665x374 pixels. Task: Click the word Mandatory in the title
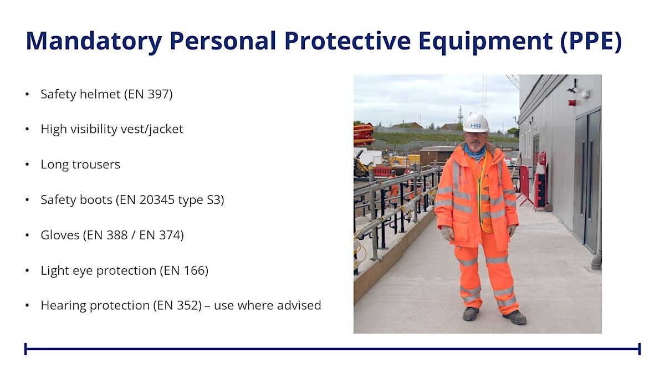(94, 41)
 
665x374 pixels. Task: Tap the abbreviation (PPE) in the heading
(591, 41)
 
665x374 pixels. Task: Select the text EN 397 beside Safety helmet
(149, 94)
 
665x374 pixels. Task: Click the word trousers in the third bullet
(96, 165)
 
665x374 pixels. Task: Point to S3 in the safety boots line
(213, 200)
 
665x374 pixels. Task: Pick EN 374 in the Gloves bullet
(159, 235)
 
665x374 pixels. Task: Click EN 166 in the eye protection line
(184, 270)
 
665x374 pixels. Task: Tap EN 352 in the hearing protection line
(177, 305)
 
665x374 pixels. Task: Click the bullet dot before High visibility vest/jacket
(27, 130)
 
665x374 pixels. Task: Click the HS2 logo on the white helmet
(475, 126)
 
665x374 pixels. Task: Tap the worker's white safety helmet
(476, 123)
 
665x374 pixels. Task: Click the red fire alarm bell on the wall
(572, 103)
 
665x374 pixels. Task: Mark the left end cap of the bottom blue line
(25, 349)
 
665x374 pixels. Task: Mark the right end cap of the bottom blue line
(639, 349)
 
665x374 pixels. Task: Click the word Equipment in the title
(485, 41)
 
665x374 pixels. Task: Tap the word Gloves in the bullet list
(60, 235)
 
